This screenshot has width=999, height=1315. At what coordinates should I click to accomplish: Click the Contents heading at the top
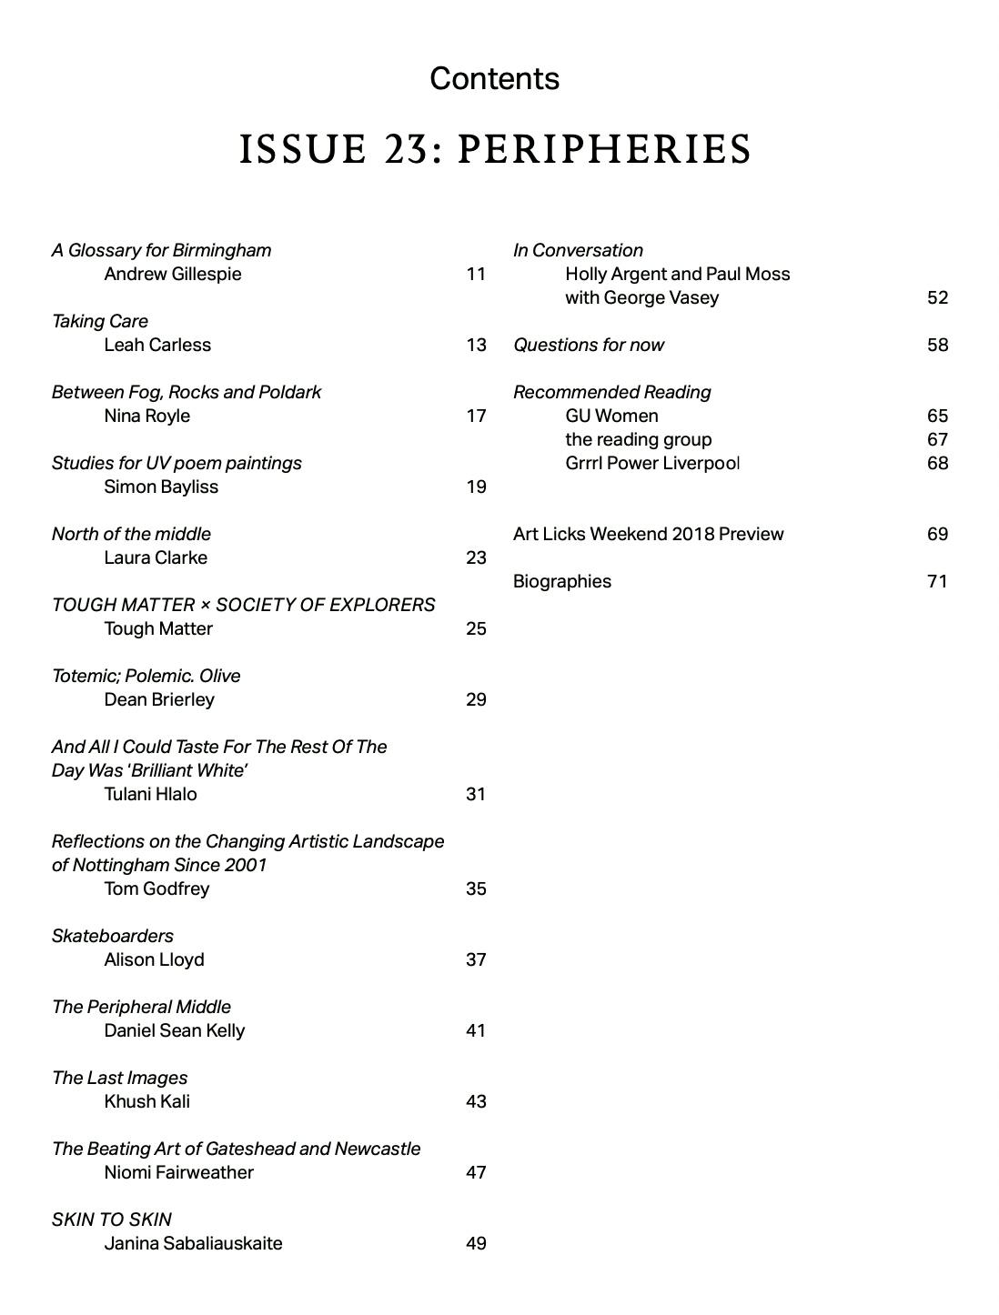[494, 79]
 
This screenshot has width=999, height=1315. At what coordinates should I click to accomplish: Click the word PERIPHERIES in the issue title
[604, 150]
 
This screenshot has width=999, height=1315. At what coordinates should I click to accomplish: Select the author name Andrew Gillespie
[173, 275]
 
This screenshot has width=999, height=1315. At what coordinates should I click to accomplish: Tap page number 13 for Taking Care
[476, 346]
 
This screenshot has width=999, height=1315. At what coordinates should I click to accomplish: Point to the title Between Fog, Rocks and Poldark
[187, 393]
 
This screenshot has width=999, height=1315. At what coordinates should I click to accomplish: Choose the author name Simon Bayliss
[161, 487]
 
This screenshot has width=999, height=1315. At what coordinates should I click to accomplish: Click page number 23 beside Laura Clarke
[476, 558]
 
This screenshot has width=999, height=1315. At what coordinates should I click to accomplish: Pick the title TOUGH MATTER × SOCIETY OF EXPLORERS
[243, 606]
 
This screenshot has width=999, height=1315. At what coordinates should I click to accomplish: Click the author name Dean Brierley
[159, 700]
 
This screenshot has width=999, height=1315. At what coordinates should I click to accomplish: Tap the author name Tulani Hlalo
[150, 795]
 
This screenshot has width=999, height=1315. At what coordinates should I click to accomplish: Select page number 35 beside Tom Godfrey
[476, 889]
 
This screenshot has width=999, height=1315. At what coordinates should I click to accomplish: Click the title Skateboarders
[113, 937]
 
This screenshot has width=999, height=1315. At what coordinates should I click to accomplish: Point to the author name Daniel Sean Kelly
[174, 1031]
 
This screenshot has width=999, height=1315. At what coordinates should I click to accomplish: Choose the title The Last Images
[120, 1079]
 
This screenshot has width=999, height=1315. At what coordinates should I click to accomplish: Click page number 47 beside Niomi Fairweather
[476, 1173]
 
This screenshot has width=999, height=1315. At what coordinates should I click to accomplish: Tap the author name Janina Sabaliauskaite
[193, 1244]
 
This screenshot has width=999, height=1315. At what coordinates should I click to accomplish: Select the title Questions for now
[589, 346]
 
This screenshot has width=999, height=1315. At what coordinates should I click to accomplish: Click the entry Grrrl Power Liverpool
[652, 464]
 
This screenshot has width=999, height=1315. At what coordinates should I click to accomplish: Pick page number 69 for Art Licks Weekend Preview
[937, 535]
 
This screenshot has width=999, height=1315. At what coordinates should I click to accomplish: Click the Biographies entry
[562, 582]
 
